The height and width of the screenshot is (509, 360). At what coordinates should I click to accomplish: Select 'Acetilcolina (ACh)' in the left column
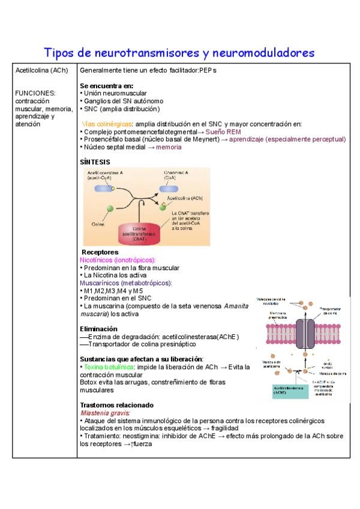[x=42, y=70]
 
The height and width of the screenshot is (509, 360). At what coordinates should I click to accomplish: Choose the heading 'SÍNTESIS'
[x=95, y=162]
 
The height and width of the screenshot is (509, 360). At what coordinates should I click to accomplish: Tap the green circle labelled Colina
[x=110, y=208]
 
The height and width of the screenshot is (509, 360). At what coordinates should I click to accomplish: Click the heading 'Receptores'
[x=100, y=252]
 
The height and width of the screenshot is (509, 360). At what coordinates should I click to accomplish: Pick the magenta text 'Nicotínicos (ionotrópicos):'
[x=118, y=260]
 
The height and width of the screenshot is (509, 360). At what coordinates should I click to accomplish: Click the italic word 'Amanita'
[x=236, y=306]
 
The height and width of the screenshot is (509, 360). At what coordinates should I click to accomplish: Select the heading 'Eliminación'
[x=98, y=329]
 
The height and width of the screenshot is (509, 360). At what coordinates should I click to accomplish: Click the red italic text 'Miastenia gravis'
[x=105, y=413]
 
